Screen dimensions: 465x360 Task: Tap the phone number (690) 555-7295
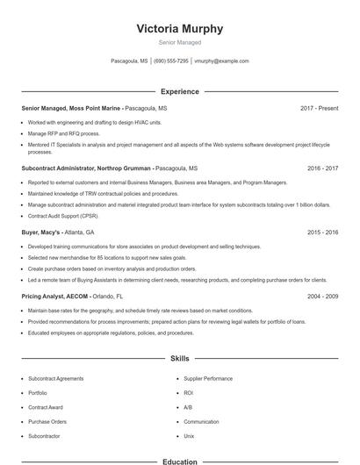[x=171, y=61]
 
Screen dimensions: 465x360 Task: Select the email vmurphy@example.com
[x=221, y=61]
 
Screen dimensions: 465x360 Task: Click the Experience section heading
[x=179, y=91]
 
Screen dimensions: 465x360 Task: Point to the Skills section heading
[x=179, y=359]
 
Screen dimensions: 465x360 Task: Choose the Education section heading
[x=179, y=461]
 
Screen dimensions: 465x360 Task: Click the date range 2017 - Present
[x=319, y=108]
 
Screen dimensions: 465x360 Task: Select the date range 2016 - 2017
[x=322, y=167]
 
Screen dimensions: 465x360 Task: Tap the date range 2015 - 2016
[x=322, y=232]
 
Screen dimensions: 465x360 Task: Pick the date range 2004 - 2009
[x=322, y=297]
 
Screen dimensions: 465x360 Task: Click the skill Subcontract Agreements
[x=56, y=378]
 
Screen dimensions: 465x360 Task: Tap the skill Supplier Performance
[x=208, y=378]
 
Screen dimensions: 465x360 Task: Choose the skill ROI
[x=189, y=393]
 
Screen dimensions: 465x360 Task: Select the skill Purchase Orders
[x=47, y=421]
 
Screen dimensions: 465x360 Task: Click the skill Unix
[x=189, y=436]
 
